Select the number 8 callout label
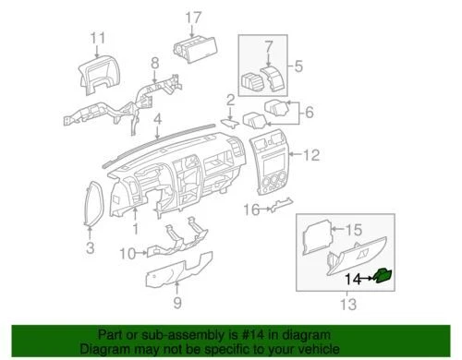point(155,63)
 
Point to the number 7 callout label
point(269,45)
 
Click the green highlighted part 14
point(383,275)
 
